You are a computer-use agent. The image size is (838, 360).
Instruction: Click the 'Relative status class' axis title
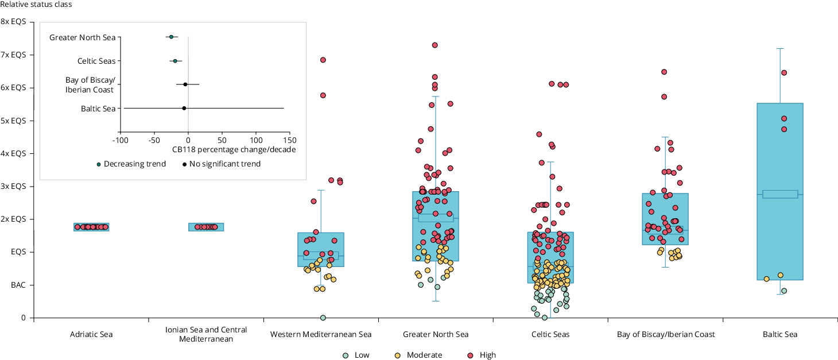[x=36, y=5]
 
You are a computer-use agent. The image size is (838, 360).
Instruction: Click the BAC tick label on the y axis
[x=18, y=285]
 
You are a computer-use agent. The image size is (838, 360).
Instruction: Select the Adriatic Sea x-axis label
[x=91, y=334]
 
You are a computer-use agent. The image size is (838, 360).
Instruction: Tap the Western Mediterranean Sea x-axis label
[x=321, y=334]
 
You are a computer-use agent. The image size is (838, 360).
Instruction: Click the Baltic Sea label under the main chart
[x=780, y=334]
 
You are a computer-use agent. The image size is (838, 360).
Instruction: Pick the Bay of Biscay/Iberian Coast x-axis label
[x=666, y=334]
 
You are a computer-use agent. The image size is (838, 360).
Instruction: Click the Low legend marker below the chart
[x=346, y=355]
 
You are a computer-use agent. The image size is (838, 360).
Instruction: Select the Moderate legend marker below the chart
[x=397, y=355]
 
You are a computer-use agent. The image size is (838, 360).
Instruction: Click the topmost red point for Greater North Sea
[x=435, y=45]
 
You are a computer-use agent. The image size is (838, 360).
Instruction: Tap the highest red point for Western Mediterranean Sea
[x=323, y=60]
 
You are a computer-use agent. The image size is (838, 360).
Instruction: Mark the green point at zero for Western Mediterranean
[x=323, y=318]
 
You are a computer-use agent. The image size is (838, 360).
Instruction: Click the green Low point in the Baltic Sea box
[x=784, y=291]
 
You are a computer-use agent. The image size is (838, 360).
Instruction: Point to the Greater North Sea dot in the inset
[x=171, y=37]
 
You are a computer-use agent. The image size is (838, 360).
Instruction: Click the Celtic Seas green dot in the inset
[x=176, y=60]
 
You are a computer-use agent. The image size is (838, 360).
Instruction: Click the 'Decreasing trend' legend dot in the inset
[x=99, y=164]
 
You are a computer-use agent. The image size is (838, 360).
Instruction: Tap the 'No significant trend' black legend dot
[x=185, y=164]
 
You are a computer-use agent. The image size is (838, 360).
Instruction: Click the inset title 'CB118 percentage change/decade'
[x=234, y=150]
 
